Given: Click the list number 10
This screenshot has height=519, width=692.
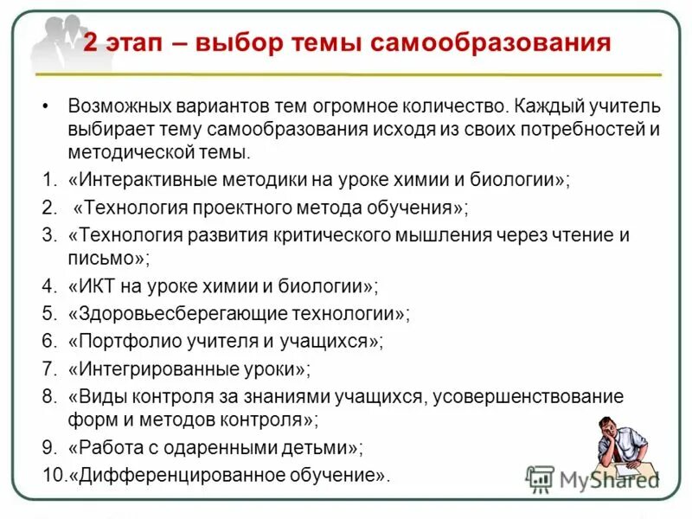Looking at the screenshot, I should click(x=51, y=475).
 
